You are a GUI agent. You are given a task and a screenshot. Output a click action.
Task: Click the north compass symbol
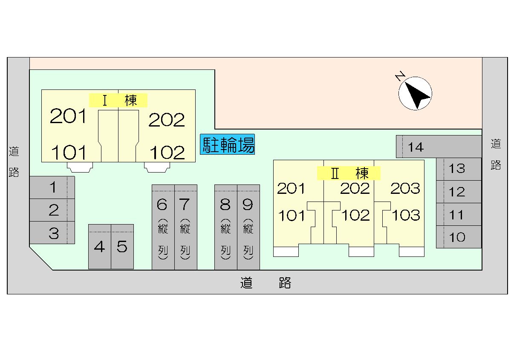coord(415,93)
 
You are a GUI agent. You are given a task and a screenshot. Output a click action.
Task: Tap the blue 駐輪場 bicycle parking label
coord(228,144)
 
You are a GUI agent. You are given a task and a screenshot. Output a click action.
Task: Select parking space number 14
coord(439,147)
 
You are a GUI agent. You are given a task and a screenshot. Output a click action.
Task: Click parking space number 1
coord(52,187)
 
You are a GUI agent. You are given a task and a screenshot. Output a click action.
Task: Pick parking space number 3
coord(52,233)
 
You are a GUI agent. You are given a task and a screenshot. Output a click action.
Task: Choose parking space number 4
coord(99,247)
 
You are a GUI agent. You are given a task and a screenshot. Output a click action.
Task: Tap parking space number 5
coord(122,247)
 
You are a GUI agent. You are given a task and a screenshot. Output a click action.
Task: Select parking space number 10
coord(459,237)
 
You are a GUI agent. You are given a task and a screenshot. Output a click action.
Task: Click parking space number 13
coord(459,169)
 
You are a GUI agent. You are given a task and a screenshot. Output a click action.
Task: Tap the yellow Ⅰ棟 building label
coord(118,100)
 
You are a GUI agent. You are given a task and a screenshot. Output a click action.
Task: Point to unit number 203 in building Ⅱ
coord(405,188)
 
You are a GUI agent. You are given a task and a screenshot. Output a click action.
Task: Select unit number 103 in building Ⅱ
coord(406,215)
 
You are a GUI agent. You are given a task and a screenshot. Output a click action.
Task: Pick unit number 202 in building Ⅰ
coord(167,120)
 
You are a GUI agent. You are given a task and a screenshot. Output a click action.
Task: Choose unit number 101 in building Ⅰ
coord(69,152)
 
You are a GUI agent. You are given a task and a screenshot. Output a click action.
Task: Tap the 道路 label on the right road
coord(496,154)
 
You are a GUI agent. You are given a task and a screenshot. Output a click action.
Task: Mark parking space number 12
coord(459,192)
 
